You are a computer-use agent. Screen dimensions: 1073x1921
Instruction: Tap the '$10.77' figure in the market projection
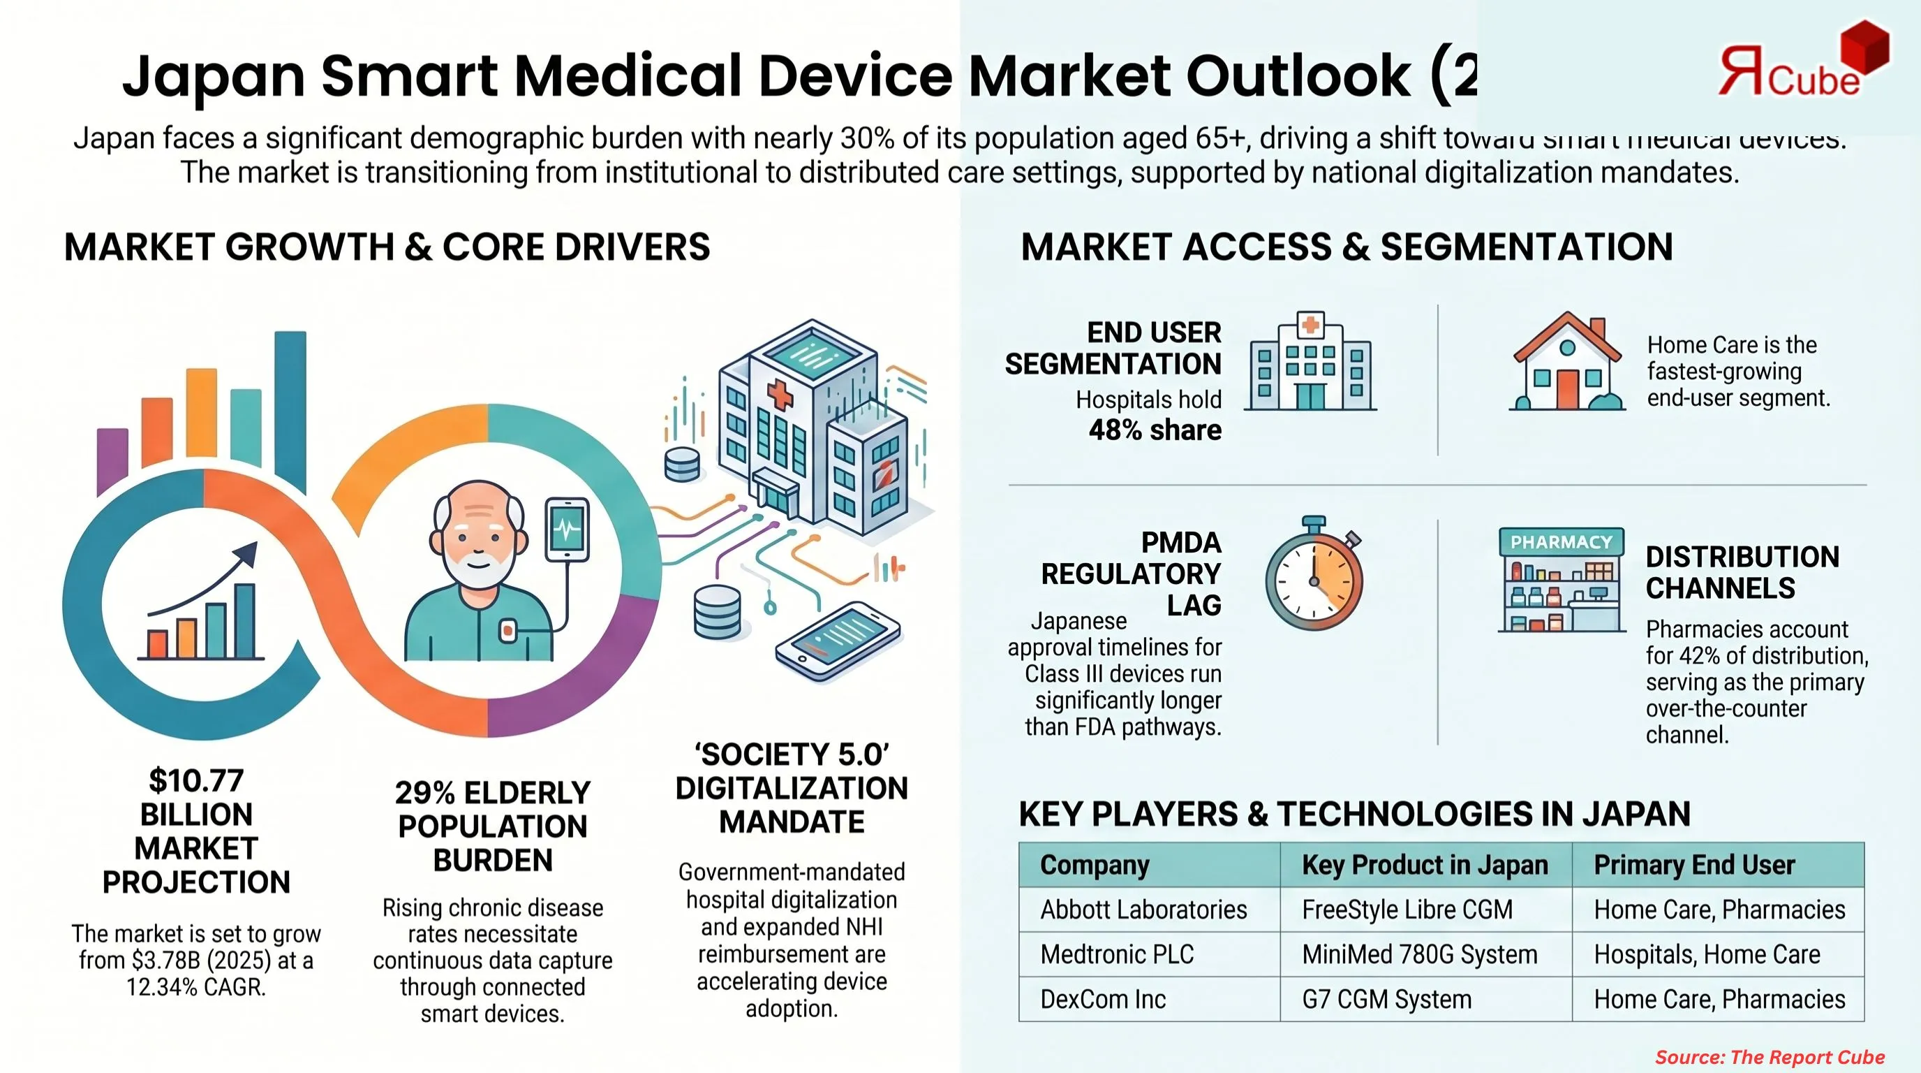tap(196, 780)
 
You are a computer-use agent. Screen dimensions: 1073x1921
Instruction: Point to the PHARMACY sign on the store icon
tap(1561, 541)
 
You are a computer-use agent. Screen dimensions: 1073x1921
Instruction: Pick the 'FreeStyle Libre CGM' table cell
tap(1407, 910)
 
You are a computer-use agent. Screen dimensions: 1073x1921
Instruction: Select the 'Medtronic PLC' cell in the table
tap(1117, 954)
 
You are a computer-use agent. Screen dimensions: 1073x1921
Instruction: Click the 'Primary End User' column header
tap(1694, 865)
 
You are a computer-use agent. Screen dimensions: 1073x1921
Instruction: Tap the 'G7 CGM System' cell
tap(1387, 999)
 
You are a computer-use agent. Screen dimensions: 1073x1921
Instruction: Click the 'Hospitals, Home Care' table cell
tap(1707, 954)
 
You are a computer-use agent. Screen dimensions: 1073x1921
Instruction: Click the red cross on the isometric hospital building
tap(780, 395)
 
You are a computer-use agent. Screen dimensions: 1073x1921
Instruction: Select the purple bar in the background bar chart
tap(112, 459)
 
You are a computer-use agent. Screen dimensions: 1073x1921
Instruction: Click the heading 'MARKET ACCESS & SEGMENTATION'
tap(1347, 247)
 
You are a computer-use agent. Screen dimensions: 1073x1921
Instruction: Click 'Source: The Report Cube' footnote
tap(1770, 1057)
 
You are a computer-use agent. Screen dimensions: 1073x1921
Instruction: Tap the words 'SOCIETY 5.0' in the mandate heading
tap(792, 754)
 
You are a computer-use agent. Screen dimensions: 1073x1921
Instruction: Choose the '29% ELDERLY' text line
tap(492, 792)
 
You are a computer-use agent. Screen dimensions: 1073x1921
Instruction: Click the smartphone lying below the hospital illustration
tap(838, 640)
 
